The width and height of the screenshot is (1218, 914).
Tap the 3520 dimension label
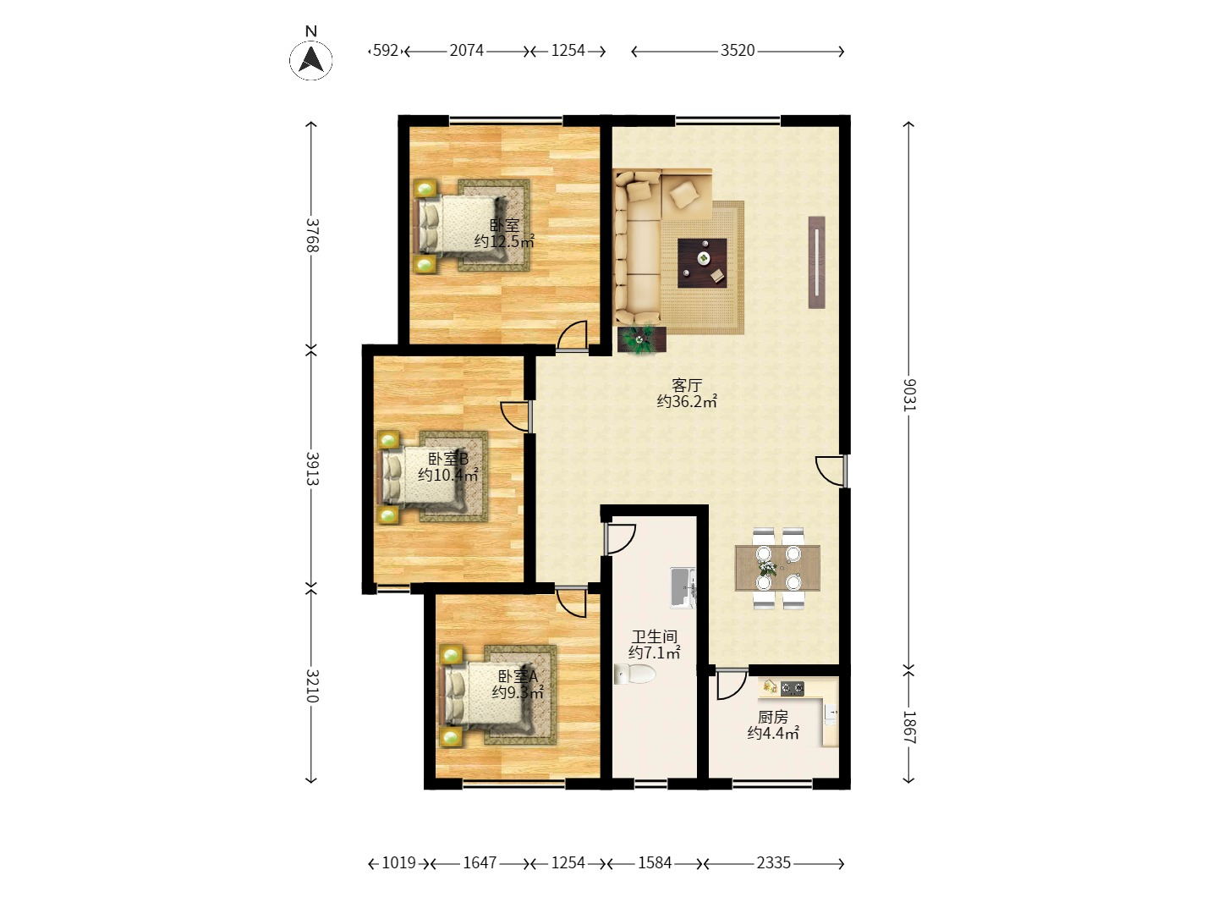(738, 51)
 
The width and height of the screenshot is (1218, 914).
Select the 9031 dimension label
(909, 394)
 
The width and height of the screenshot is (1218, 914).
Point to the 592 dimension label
(385, 51)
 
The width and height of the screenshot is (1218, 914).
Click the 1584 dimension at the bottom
(655, 862)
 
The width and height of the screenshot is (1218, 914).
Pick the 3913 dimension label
(312, 468)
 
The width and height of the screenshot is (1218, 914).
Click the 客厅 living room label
(687, 385)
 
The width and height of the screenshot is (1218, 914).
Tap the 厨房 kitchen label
(773, 717)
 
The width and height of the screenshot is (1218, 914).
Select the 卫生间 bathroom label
(654, 636)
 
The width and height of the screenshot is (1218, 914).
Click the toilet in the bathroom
(635, 674)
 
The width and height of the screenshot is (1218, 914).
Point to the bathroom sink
(683, 587)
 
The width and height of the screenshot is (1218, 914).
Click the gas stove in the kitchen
(793, 689)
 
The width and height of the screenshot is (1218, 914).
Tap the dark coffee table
(702, 263)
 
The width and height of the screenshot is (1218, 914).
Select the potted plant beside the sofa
(641, 339)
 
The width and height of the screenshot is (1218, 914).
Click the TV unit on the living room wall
(817, 262)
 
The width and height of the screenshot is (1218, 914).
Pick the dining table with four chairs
(777, 568)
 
